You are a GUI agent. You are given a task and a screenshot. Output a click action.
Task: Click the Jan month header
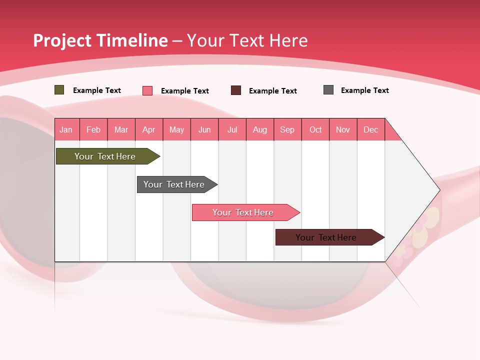pos(66,129)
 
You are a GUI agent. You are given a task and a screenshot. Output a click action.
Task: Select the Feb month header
pos(93,129)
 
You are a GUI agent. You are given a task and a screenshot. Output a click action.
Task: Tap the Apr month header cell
pos(149,129)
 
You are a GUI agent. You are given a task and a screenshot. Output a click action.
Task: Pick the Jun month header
pos(204,129)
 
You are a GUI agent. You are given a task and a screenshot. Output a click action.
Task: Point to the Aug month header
pos(260,129)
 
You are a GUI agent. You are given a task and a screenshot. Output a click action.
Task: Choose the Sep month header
pos(287,129)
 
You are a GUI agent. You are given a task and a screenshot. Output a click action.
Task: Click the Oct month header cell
pos(315,129)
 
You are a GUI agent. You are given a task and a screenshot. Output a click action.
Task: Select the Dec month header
pos(371,129)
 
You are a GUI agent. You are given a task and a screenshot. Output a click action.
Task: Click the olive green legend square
pos(59,90)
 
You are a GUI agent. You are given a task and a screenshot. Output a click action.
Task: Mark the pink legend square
pos(147,90)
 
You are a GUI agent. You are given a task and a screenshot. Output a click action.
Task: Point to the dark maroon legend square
pos(236,90)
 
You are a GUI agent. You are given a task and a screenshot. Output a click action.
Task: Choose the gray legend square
pos(328,90)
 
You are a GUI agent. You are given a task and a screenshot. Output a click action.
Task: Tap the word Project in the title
pos(61,40)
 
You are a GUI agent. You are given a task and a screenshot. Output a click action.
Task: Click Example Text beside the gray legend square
pos(364,90)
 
